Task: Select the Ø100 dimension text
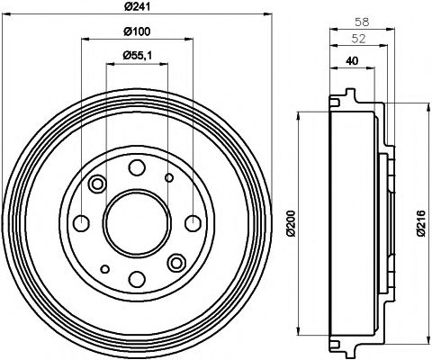tap(136, 33)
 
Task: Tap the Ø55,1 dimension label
tap(137, 56)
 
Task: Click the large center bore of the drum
tap(136, 222)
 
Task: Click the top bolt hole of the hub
tap(136, 166)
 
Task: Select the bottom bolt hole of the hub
tap(136, 278)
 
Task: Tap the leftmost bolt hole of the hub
tap(81, 222)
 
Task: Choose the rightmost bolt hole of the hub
tap(191, 222)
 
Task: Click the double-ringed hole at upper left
tap(97, 184)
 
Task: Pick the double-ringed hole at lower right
tap(175, 262)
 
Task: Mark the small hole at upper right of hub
tap(168, 177)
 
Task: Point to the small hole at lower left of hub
tap(104, 267)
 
